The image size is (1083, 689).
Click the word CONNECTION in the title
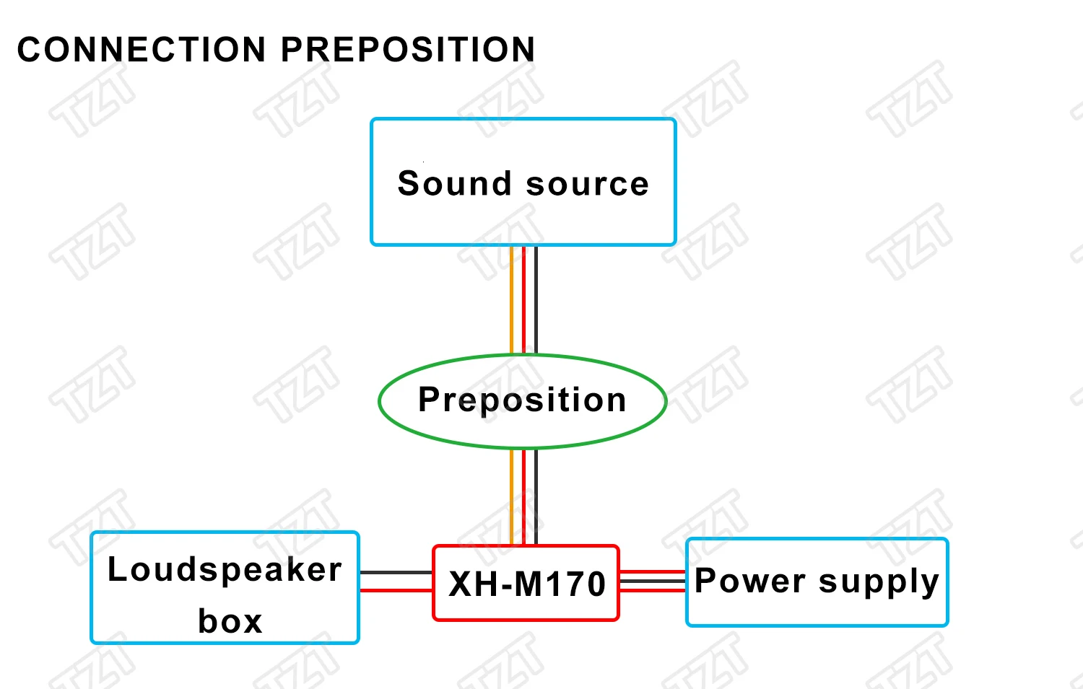(x=142, y=50)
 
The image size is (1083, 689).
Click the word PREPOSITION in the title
(x=408, y=50)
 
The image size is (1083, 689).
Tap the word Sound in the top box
(x=455, y=183)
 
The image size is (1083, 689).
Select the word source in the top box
(x=588, y=184)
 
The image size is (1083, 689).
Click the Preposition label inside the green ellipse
(x=522, y=400)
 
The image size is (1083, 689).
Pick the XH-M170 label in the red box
(x=526, y=584)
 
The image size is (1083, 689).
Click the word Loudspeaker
(x=225, y=570)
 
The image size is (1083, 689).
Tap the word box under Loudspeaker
(x=230, y=621)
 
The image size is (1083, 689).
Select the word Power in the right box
(x=750, y=581)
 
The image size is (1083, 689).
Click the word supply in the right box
(x=879, y=582)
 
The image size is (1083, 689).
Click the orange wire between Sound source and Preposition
(x=512, y=299)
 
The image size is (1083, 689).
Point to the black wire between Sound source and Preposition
(x=535, y=299)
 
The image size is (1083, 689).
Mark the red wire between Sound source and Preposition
(x=523, y=299)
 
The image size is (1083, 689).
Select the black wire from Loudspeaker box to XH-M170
(x=396, y=573)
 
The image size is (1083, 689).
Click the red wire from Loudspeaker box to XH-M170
(x=396, y=590)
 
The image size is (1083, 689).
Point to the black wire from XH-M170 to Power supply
(x=652, y=581)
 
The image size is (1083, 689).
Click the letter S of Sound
(x=408, y=183)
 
